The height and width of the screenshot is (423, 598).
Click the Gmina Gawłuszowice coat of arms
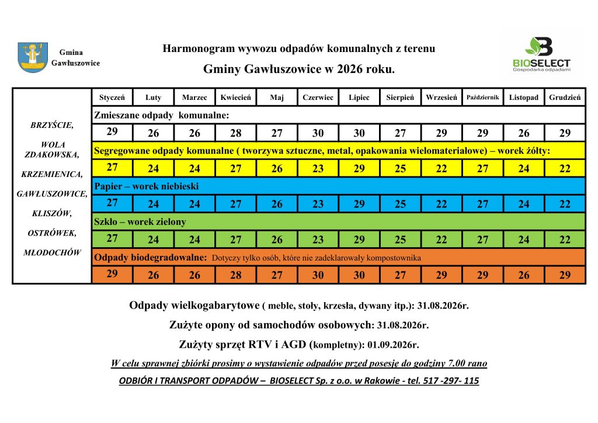[33, 57]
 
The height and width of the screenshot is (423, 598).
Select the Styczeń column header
[112, 98]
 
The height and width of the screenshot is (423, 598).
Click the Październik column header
[482, 97]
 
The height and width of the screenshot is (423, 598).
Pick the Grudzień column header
[565, 98]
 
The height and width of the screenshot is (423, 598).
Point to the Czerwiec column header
[318, 98]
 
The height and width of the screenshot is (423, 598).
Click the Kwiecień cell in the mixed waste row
[236, 133]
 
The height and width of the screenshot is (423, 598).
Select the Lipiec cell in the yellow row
[359, 169]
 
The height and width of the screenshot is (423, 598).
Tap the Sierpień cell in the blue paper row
[400, 204]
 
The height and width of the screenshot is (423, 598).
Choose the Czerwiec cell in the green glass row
[318, 240]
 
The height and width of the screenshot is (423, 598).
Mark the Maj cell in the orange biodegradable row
[277, 275]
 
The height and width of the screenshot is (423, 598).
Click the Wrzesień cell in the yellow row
[441, 169]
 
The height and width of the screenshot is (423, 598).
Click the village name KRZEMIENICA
[52, 174]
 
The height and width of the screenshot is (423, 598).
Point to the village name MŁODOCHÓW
[52, 252]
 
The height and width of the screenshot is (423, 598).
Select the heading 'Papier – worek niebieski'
[147, 186]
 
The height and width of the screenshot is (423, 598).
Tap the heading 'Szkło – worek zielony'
[140, 222]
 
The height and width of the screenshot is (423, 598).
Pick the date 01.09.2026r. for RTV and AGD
[398, 344]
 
